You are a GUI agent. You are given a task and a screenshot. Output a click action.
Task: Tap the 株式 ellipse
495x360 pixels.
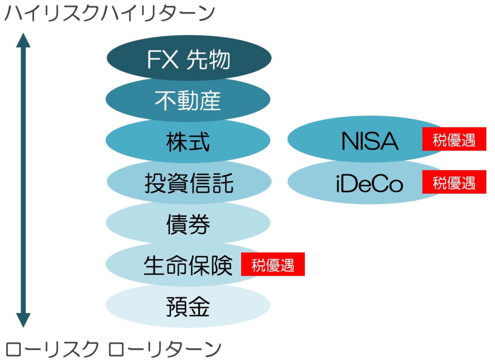click(x=188, y=142)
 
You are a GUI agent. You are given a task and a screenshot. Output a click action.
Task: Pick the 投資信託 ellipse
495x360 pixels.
click(x=189, y=183)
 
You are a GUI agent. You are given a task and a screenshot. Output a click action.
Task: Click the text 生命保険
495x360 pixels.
click(x=188, y=266)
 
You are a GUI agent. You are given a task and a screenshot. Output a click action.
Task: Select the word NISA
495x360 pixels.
click(x=370, y=141)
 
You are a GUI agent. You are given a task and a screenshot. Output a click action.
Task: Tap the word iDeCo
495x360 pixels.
click(x=369, y=184)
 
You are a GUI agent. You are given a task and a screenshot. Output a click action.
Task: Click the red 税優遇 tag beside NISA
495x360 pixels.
click(x=454, y=140)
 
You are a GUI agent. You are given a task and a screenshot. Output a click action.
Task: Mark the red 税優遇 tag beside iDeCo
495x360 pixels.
click(x=454, y=182)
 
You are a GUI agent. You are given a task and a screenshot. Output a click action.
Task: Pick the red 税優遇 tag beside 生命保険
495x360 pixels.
click(x=273, y=265)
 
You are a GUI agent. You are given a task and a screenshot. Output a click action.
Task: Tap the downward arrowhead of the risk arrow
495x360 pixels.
click(x=23, y=320)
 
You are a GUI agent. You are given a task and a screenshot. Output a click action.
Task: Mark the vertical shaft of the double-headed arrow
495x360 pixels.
click(x=23, y=179)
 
